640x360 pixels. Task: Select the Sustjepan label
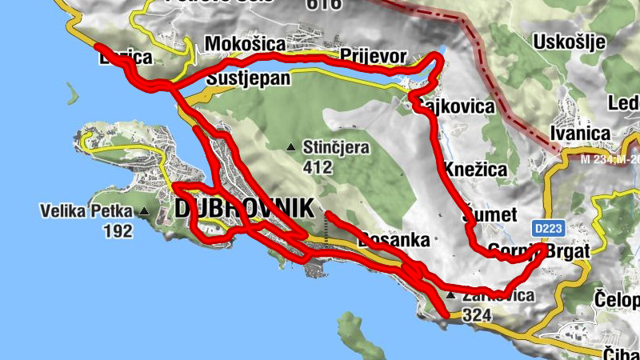(248, 79)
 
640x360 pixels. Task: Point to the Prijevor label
(374, 55)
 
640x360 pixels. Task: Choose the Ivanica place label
(582, 134)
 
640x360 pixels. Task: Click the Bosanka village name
(394, 239)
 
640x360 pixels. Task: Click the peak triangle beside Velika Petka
(144, 212)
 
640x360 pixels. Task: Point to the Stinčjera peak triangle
(291, 146)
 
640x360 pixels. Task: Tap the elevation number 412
(318, 168)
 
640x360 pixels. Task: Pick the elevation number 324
(476, 315)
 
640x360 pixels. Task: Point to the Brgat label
(571, 250)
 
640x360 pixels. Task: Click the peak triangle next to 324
(450, 296)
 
